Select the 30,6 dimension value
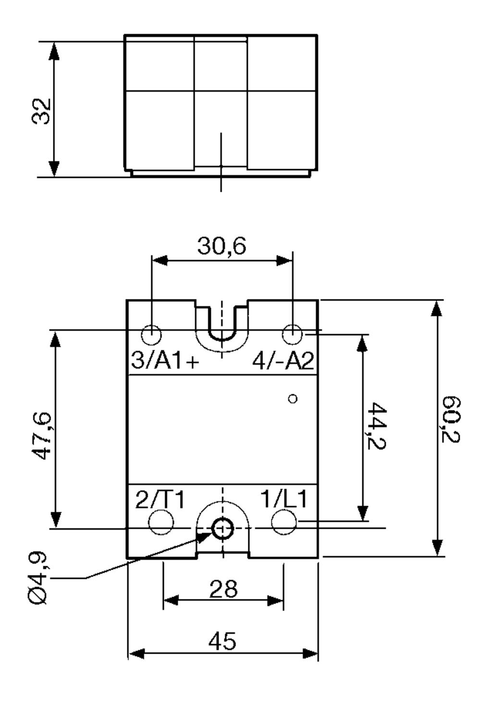[221, 246]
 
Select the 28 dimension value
[223, 588]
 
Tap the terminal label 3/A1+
[165, 360]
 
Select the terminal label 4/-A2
[283, 360]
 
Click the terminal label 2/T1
[160, 500]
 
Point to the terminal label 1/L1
[284, 500]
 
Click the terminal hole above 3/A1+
[152, 334]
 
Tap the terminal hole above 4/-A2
[292, 334]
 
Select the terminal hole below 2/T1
[161, 522]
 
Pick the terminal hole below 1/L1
[284, 522]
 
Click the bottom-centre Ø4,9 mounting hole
[222, 529]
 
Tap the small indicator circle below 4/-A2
[293, 398]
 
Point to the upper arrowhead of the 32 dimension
[54, 50]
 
